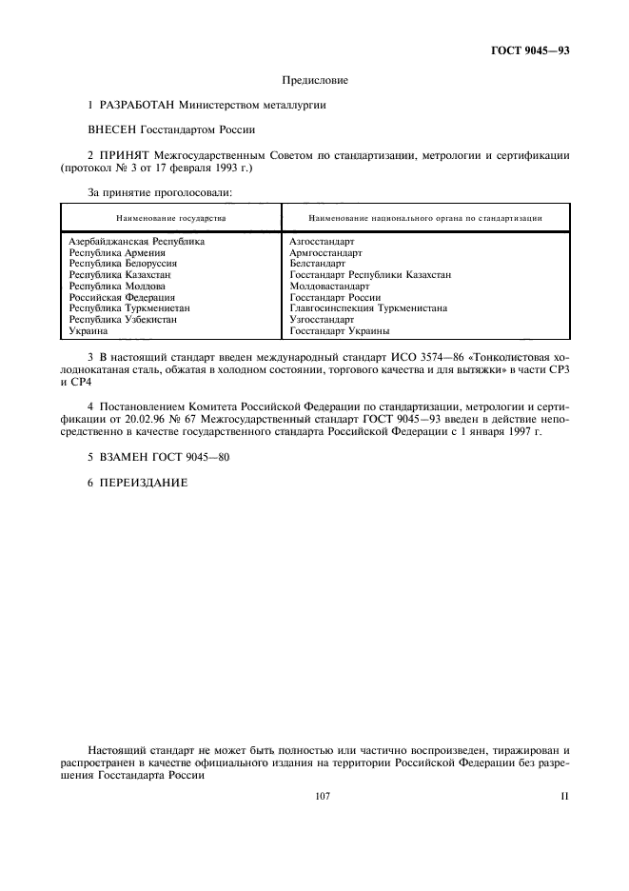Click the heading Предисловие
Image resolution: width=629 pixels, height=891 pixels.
pos(315,81)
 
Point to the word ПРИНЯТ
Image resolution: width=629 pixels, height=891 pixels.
pos(126,155)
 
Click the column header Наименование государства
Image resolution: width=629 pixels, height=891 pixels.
pos(172,218)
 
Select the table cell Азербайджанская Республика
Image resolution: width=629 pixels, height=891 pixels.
pos(137,242)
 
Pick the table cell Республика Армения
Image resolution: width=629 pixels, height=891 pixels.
pos(117,253)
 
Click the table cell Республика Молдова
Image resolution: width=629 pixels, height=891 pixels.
pos(117,286)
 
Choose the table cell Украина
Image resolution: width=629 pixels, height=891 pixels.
pos(88,331)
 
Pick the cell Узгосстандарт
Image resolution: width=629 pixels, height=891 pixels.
pos(322,320)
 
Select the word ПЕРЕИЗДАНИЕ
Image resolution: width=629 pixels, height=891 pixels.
pos(144,483)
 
